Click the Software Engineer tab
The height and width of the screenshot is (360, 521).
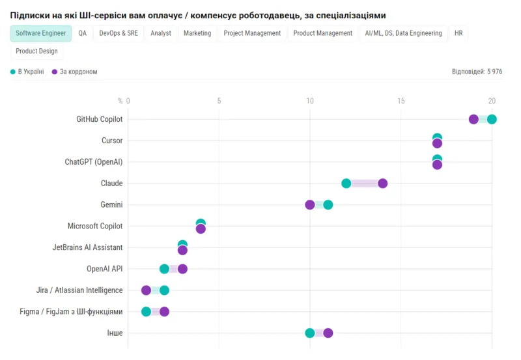click(x=41, y=33)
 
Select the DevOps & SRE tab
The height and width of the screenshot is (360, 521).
click(x=119, y=33)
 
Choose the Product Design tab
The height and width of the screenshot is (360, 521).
click(x=36, y=51)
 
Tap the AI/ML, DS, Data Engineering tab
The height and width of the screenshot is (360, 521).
click(x=404, y=33)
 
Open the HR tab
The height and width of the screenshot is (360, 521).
click(x=458, y=33)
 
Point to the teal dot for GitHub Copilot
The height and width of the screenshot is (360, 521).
click(x=492, y=119)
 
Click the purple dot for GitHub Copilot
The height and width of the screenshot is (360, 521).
click(x=473, y=119)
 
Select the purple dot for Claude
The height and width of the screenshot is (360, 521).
click(x=382, y=184)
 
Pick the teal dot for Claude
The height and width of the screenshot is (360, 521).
click(x=346, y=184)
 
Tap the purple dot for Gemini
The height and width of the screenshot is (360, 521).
click(x=310, y=205)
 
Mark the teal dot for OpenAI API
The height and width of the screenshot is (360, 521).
click(x=164, y=269)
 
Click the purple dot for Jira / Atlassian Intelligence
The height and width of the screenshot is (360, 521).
click(x=146, y=290)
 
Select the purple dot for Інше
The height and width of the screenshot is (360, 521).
click(x=328, y=333)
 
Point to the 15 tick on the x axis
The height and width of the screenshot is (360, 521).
click(x=401, y=101)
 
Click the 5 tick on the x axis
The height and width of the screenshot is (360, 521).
click(x=219, y=101)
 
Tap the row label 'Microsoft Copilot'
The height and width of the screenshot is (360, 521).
click(x=95, y=227)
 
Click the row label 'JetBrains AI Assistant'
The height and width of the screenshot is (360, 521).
click(x=87, y=248)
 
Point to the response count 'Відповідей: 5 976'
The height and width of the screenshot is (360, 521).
click(x=477, y=72)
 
